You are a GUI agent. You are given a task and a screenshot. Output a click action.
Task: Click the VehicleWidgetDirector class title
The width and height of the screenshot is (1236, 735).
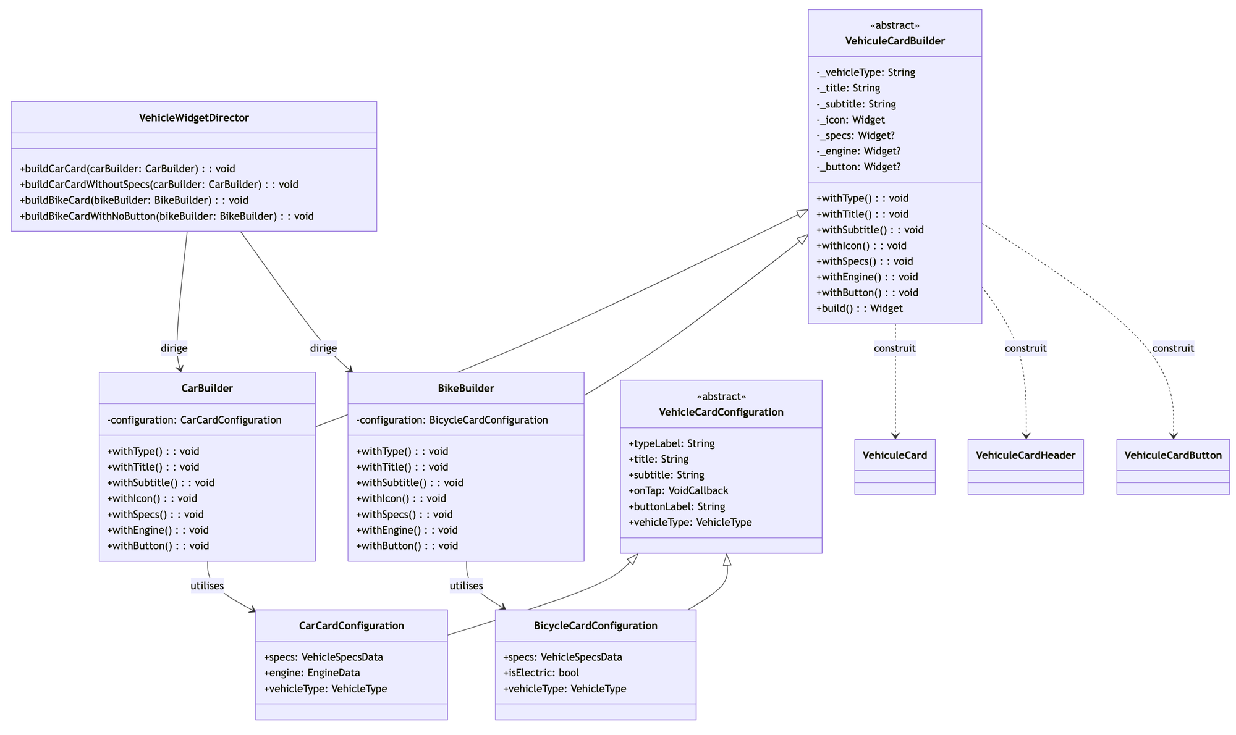[x=193, y=118]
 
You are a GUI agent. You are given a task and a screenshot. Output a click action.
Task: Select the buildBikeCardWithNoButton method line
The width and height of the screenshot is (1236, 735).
[x=167, y=216]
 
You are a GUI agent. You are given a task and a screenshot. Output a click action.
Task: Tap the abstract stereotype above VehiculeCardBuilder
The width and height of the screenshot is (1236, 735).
[x=894, y=25]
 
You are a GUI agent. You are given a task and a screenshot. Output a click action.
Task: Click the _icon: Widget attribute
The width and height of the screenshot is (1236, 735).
[x=850, y=120]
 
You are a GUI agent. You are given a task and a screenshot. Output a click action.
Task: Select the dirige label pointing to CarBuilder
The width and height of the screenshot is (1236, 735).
[x=174, y=348]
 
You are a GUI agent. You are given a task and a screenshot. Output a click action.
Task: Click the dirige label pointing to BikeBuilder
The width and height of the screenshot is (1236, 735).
[x=323, y=348]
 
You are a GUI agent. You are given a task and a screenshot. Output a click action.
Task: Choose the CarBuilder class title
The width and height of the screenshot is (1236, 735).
[x=207, y=388]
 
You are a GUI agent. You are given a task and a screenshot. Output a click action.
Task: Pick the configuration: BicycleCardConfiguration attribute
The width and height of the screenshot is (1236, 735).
[x=452, y=420]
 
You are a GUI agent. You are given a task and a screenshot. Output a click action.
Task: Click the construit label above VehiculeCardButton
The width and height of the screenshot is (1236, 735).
[x=1172, y=348]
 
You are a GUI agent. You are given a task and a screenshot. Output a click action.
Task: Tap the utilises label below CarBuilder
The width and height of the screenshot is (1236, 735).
[x=207, y=586]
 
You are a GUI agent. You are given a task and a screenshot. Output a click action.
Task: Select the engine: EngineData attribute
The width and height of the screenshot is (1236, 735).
[x=311, y=673]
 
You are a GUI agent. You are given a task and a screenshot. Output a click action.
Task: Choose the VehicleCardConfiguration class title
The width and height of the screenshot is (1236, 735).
[x=721, y=412]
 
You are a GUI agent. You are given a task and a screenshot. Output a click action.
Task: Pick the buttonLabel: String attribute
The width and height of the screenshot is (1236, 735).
[x=676, y=506]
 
